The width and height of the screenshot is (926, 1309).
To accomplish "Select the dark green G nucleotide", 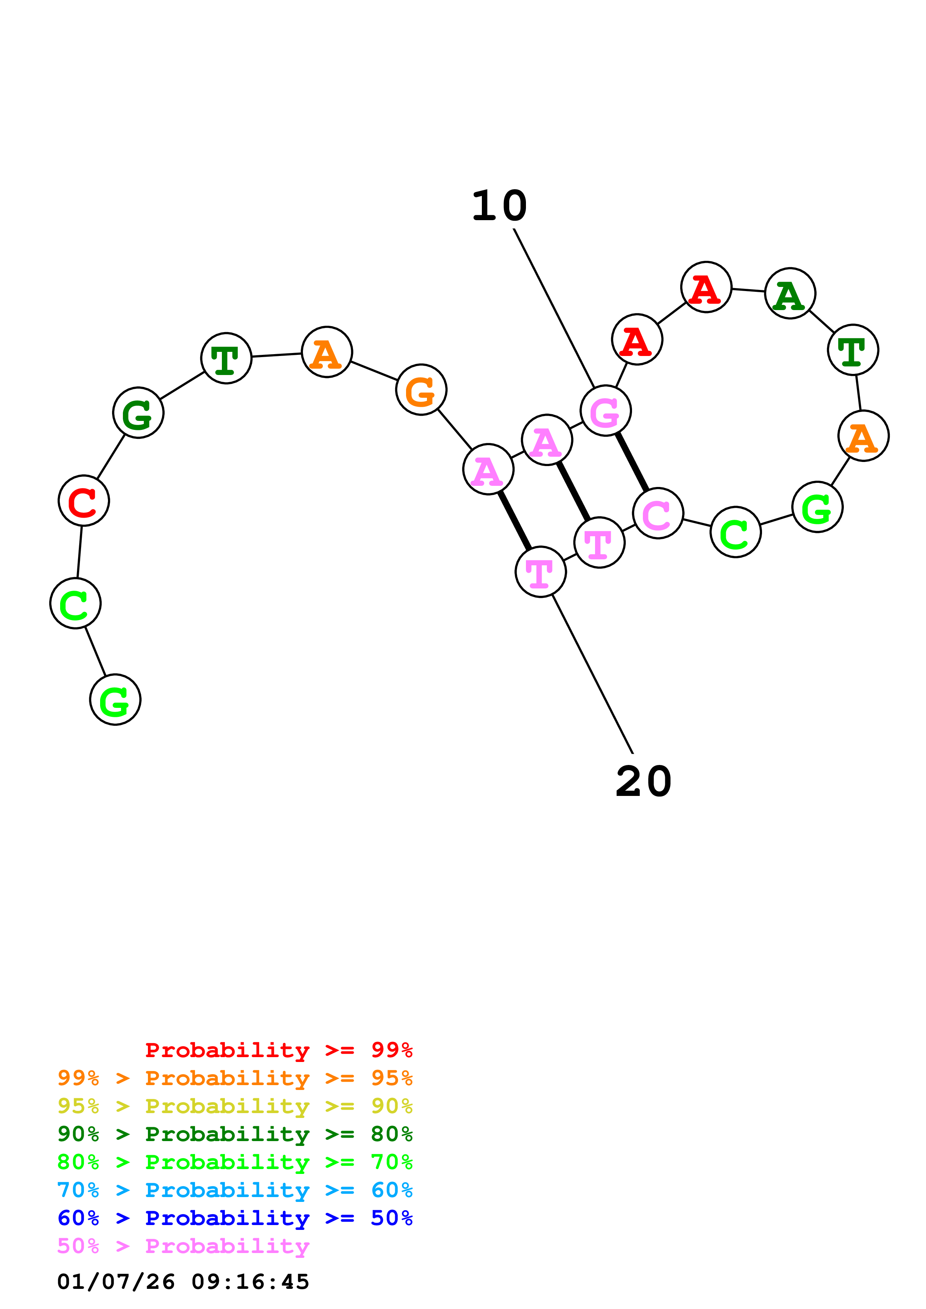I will coord(138,413).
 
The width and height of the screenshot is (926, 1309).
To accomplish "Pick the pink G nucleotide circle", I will coord(606,410).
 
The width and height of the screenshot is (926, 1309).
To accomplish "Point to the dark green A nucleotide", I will coord(790,294).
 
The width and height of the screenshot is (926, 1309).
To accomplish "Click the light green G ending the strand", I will coord(115,700).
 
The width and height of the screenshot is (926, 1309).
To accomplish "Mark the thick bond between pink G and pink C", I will coord(632,462).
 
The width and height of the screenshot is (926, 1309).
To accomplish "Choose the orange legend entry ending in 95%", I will coord(235,1078).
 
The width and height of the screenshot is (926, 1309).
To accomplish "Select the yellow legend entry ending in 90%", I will coord(235,1106).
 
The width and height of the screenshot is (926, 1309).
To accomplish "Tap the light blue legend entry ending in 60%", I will coord(235,1190).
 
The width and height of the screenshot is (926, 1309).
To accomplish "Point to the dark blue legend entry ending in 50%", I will coord(235,1218).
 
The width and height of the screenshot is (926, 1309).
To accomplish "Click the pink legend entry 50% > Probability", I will coord(183,1246).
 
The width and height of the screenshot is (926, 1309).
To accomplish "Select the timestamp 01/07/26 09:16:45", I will coord(183,1282).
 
